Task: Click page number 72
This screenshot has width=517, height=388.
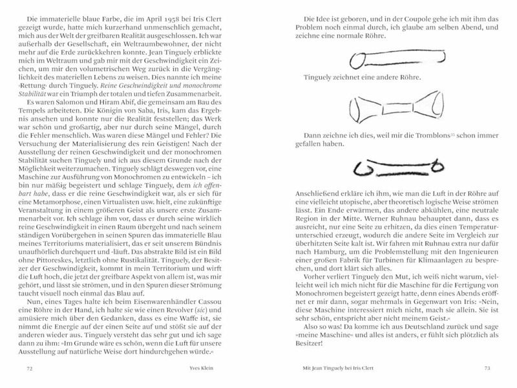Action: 28,369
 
